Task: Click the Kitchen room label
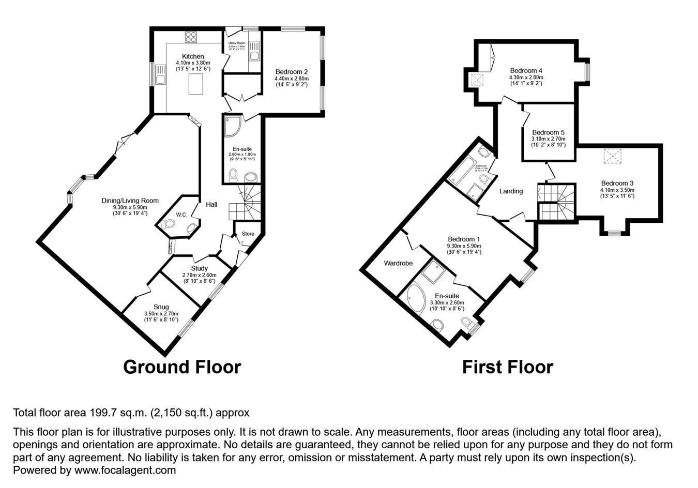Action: click(193, 56)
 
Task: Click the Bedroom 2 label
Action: click(292, 72)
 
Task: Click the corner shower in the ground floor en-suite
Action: click(232, 127)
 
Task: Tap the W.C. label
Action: click(181, 215)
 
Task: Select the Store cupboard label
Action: click(248, 234)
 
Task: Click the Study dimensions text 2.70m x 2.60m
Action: click(199, 275)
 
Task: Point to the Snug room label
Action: click(161, 307)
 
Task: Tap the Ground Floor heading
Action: click(182, 367)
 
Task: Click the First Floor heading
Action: click(507, 367)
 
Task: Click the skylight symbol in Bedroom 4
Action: click(476, 80)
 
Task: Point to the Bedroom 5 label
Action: click(548, 132)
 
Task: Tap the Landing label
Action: click(511, 191)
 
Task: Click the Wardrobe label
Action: click(398, 263)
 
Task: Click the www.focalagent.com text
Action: click(125, 470)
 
